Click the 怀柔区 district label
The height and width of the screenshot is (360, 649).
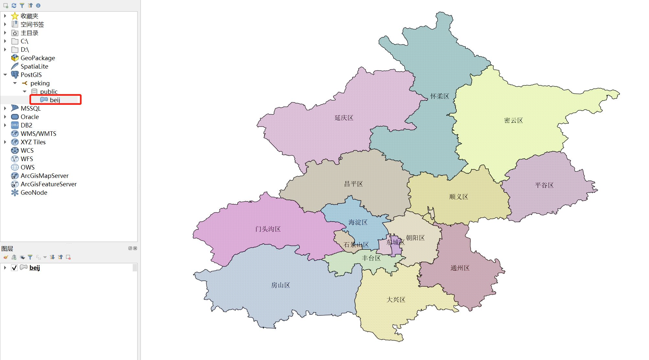point(440,96)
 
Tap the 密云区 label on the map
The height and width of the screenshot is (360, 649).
point(513,121)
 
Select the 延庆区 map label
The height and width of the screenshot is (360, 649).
point(344,118)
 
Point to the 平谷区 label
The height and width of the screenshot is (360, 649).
point(544,185)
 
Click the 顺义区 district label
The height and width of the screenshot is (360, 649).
point(458,197)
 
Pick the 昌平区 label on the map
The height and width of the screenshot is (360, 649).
point(353,184)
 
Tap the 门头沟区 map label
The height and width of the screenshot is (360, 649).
point(268,229)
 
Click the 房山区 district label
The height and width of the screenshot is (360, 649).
point(280,285)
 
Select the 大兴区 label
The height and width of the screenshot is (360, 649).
point(396,300)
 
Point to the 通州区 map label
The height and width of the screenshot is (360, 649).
point(460,268)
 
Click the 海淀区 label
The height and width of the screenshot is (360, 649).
point(358,222)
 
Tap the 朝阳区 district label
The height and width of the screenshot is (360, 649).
point(415,238)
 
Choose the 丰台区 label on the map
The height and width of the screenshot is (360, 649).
point(371,258)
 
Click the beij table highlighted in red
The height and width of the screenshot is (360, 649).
point(55,100)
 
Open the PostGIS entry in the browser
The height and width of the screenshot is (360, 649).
point(31,75)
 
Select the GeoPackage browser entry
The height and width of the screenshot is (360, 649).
point(38,58)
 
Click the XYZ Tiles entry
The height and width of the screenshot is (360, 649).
point(33,142)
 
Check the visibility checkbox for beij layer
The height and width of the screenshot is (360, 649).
point(14,267)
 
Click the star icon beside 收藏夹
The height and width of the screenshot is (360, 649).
point(15,16)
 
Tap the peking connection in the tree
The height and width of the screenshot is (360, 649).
point(40,83)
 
